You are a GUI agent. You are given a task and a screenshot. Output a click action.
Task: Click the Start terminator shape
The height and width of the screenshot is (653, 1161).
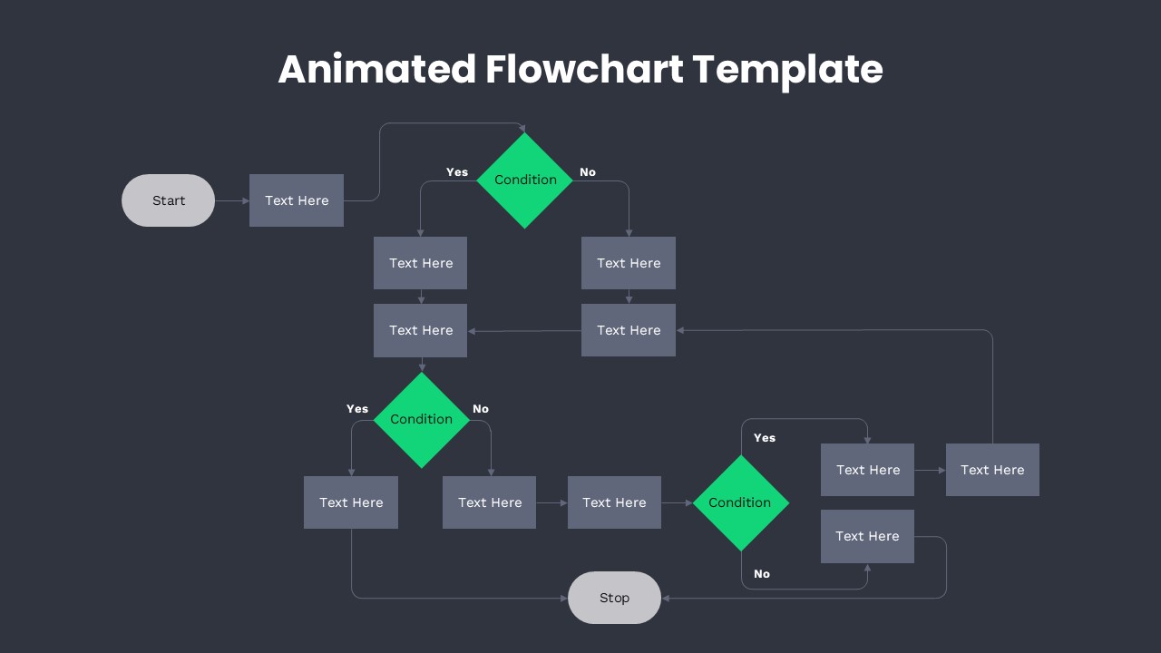[168, 200]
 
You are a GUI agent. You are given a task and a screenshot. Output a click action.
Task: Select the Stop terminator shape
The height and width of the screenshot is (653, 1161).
[614, 598]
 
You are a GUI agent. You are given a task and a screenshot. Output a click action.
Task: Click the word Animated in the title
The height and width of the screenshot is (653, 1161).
[376, 70]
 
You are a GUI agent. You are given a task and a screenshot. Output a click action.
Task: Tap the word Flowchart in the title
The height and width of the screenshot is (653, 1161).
[584, 70]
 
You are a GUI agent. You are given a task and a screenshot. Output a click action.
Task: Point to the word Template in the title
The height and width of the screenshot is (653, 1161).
[787, 70]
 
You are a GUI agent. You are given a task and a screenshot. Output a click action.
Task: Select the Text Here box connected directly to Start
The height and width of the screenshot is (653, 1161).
[297, 200]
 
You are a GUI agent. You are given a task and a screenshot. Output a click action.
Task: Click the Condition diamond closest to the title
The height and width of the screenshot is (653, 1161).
[525, 180]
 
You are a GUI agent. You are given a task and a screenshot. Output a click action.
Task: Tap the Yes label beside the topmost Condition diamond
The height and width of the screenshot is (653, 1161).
[457, 172]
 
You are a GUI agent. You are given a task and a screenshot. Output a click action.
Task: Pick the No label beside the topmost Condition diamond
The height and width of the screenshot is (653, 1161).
[588, 172]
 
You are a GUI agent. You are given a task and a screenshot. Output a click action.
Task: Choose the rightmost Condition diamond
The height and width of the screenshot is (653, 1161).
[740, 502]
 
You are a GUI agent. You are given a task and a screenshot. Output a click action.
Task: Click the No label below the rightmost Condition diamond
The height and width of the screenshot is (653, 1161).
[762, 574]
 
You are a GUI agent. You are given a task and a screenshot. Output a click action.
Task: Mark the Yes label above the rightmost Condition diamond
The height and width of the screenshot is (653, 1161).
[765, 438]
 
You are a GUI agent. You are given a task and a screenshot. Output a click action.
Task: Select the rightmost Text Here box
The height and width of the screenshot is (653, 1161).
[992, 470]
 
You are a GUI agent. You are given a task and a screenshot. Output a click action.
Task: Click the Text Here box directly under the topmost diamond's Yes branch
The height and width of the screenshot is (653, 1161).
[421, 263]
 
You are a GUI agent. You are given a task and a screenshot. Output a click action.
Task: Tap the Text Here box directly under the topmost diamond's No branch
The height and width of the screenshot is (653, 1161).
[629, 263]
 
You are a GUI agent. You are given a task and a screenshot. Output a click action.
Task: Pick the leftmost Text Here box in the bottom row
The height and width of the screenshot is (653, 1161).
[351, 502]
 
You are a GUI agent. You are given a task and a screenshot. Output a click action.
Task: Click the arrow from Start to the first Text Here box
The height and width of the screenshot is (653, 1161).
[232, 200]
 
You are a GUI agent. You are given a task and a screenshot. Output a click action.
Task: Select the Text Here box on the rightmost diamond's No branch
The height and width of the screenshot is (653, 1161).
[867, 536]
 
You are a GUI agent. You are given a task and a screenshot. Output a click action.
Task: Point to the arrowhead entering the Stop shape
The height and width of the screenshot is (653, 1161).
[666, 598]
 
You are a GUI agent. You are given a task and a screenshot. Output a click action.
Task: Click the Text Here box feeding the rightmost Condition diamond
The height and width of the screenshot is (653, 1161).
[614, 502]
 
